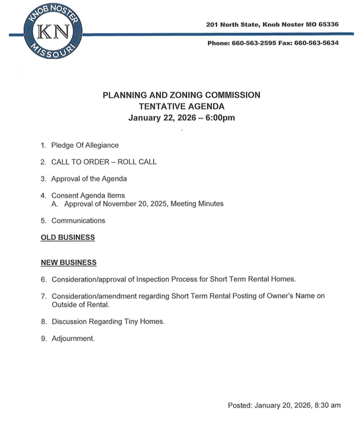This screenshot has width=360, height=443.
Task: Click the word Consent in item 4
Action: (x=65, y=196)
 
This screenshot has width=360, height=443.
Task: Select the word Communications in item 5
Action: (x=78, y=221)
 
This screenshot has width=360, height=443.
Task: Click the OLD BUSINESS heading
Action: (x=67, y=238)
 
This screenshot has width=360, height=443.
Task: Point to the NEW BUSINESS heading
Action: (x=69, y=263)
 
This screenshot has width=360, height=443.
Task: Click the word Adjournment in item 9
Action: (x=73, y=339)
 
